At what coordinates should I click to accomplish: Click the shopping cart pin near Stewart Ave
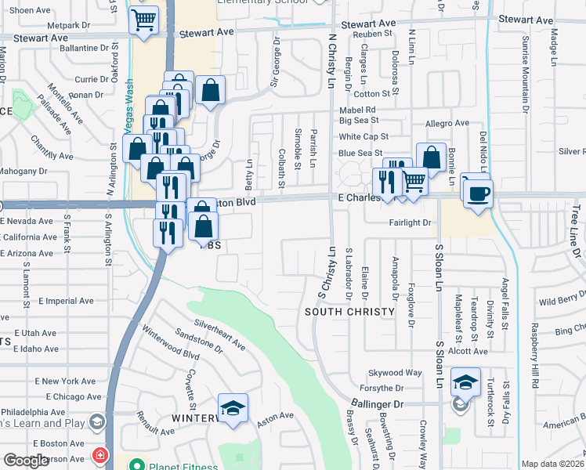(143, 21)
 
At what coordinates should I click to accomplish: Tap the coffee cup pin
(477, 193)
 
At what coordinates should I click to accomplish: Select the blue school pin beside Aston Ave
(233, 409)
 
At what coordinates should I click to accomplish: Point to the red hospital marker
(99, 455)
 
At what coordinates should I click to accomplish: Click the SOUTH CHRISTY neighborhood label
(349, 312)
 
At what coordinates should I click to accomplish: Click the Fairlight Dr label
(411, 223)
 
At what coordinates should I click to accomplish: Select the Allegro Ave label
(447, 124)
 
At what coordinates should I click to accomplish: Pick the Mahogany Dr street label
(24, 171)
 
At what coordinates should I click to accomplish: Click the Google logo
(27, 461)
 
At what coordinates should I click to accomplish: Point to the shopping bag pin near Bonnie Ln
(431, 157)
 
